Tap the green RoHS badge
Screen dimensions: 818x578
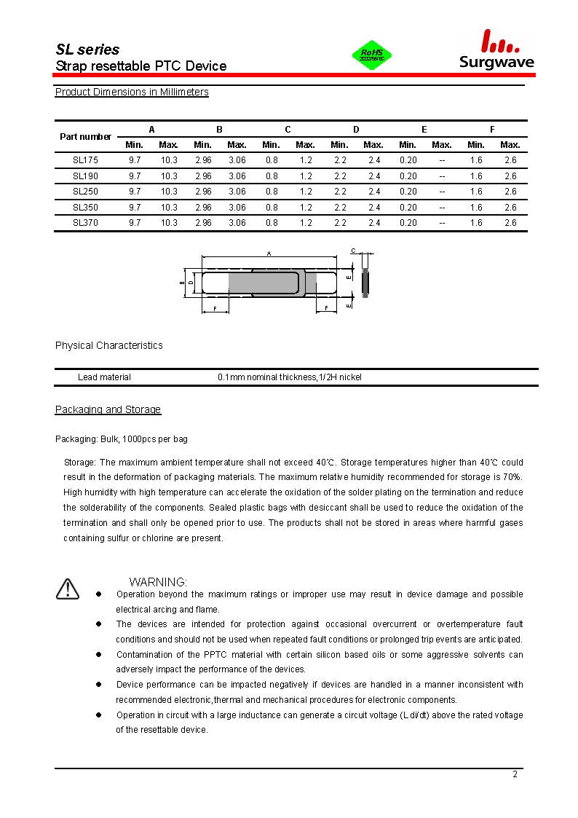click(372, 55)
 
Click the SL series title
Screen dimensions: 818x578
click(87, 50)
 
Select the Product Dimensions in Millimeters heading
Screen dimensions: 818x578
click(132, 92)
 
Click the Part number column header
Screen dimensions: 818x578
click(85, 136)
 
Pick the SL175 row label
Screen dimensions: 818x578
click(85, 160)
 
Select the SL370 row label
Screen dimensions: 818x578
click(85, 223)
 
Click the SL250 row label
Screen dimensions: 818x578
click(85, 192)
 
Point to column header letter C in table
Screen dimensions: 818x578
click(288, 129)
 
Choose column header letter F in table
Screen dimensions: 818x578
click(492, 129)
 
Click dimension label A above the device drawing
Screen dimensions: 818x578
click(269, 253)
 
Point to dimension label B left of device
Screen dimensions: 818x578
click(181, 283)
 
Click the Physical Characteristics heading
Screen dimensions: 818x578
click(108, 345)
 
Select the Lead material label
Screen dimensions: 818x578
click(104, 377)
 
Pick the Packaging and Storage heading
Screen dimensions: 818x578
click(108, 409)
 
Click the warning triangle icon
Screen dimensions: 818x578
click(67, 589)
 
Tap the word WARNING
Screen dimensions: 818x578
click(158, 582)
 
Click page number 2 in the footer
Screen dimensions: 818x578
click(515, 774)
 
